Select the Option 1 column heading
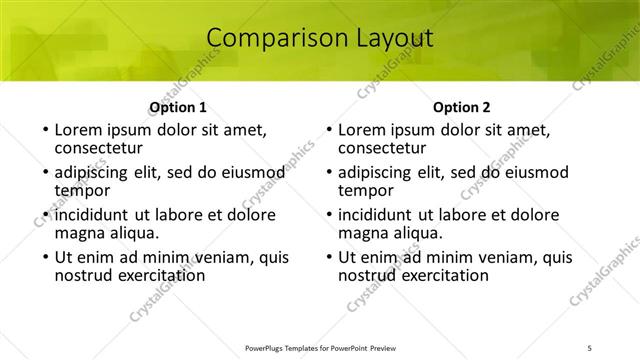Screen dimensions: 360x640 click(177, 107)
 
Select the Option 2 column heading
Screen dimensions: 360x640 click(461, 107)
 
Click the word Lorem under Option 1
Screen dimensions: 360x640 click(81, 130)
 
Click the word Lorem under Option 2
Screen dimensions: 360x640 click(364, 130)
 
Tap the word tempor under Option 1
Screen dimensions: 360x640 click(82, 190)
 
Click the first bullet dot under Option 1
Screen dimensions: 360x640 click(44, 131)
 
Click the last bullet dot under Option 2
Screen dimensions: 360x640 click(328, 258)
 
